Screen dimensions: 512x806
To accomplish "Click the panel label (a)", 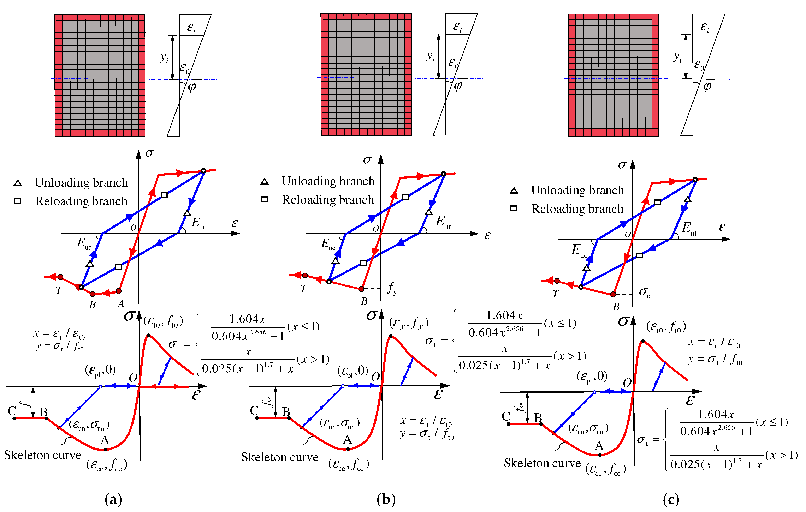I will [x=113, y=499].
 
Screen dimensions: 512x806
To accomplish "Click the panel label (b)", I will [x=386, y=499].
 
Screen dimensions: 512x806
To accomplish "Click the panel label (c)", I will [x=671, y=499].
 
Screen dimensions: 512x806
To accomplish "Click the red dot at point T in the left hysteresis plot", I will [x=60, y=277].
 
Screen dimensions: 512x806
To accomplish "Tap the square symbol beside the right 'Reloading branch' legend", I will [x=514, y=208].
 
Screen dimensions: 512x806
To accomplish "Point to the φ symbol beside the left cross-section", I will [x=192, y=87].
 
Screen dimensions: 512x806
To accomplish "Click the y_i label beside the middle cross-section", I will [x=430, y=57].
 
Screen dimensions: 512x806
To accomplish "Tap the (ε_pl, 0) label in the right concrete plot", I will [x=592, y=376].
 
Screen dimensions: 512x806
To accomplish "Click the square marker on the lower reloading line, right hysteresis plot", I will [x=639, y=255].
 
